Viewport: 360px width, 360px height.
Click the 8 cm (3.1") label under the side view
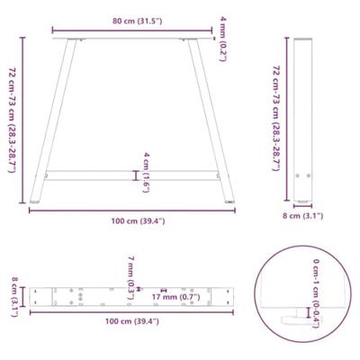(301, 216)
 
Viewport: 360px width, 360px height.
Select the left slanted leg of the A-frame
(52, 117)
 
